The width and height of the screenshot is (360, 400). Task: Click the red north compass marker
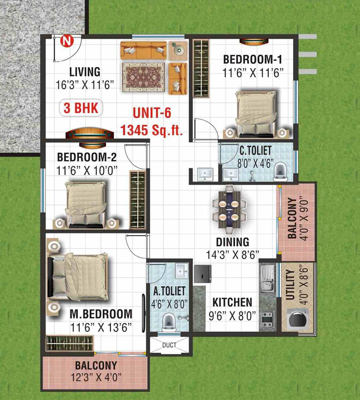67,41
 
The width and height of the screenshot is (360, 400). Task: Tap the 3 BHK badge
81,108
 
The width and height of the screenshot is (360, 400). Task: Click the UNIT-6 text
152,113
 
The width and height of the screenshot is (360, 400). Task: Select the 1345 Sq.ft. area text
151,130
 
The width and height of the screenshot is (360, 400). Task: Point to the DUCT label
169,345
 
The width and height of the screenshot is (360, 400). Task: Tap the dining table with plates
229,210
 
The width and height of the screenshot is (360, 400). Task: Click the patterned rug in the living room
143,77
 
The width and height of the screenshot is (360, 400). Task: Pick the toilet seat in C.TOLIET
280,171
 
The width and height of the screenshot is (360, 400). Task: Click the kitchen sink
268,277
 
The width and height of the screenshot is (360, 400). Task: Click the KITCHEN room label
232,302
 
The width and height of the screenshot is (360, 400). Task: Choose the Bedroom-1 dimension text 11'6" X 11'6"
253,73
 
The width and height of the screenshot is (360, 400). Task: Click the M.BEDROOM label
101,314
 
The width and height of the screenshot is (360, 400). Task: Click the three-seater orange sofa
143,50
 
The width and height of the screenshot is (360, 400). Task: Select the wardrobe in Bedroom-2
138,200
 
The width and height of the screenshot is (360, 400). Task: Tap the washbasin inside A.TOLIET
182,271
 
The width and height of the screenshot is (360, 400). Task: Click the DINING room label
233,242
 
